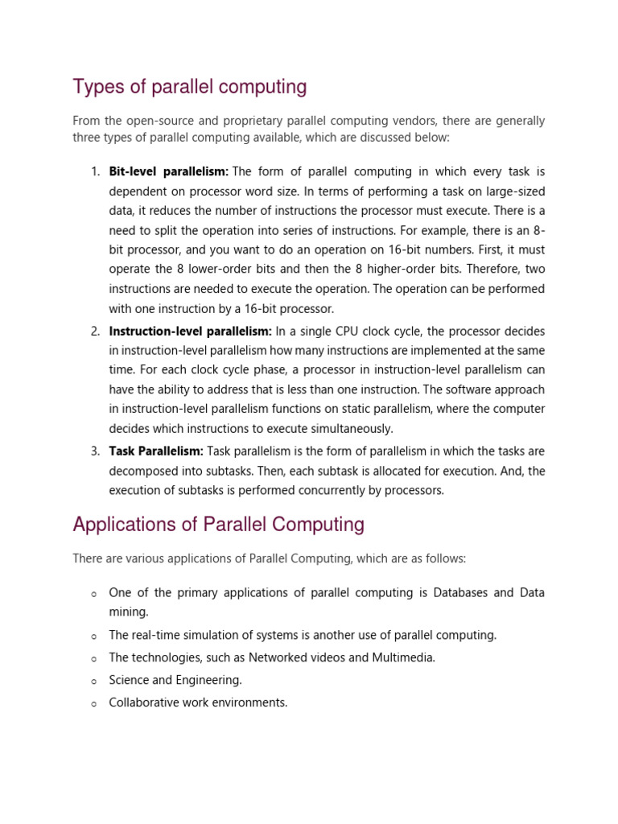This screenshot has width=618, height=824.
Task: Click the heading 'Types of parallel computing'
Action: pyautogui.click(x=189, y=87)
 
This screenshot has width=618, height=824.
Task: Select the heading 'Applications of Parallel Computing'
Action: pyautogui.click(x=218, y=525)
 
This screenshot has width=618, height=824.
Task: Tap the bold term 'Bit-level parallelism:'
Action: pyautogui.click(x=169, y=171)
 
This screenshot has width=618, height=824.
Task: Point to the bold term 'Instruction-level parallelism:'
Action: pyautogui.click(x=190, y=332)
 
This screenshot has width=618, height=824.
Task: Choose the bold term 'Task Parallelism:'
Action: pyautogui.click(x=156, y=451)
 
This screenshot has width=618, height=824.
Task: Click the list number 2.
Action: pyautogui.click(x=95, y=332)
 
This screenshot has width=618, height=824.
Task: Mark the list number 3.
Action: pyautogui.click(x=95, y=451)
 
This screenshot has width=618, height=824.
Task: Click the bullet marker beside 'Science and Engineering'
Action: pyautogui.click(x=94, y=681)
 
